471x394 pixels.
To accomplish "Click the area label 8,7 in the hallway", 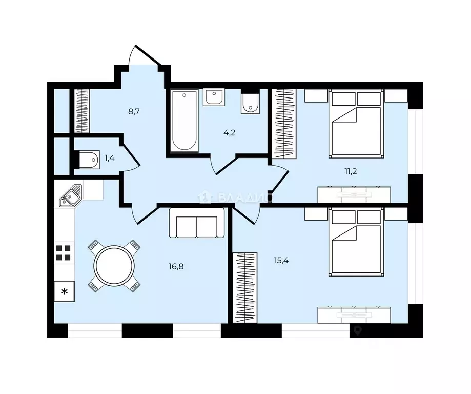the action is point(134,112).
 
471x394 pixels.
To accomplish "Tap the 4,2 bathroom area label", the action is point(230,133).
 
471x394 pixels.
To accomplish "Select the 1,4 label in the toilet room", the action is point(110,158).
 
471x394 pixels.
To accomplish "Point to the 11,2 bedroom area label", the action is point(351,171).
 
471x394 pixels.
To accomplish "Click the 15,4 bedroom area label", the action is point(281,260).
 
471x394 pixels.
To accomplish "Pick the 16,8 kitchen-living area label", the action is point(176,266).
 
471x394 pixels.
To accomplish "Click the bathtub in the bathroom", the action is point(185,121).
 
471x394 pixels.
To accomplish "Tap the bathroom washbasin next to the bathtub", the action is point(214,97).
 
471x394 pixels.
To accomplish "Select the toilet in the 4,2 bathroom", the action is point(250,104).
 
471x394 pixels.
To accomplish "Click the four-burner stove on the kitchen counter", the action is point(64,252).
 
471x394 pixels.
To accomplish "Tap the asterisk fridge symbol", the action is point(64,291).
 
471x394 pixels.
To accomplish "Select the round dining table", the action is point(114,265).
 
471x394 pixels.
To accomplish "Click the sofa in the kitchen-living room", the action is point(197,223).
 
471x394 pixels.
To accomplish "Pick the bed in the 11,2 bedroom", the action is point(356,123).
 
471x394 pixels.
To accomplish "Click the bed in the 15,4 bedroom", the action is point(356,242).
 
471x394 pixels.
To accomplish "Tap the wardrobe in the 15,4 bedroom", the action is point(245,288).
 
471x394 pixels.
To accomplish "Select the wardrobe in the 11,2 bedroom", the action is point(284,124).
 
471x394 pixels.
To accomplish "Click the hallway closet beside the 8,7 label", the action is point(82,111).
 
